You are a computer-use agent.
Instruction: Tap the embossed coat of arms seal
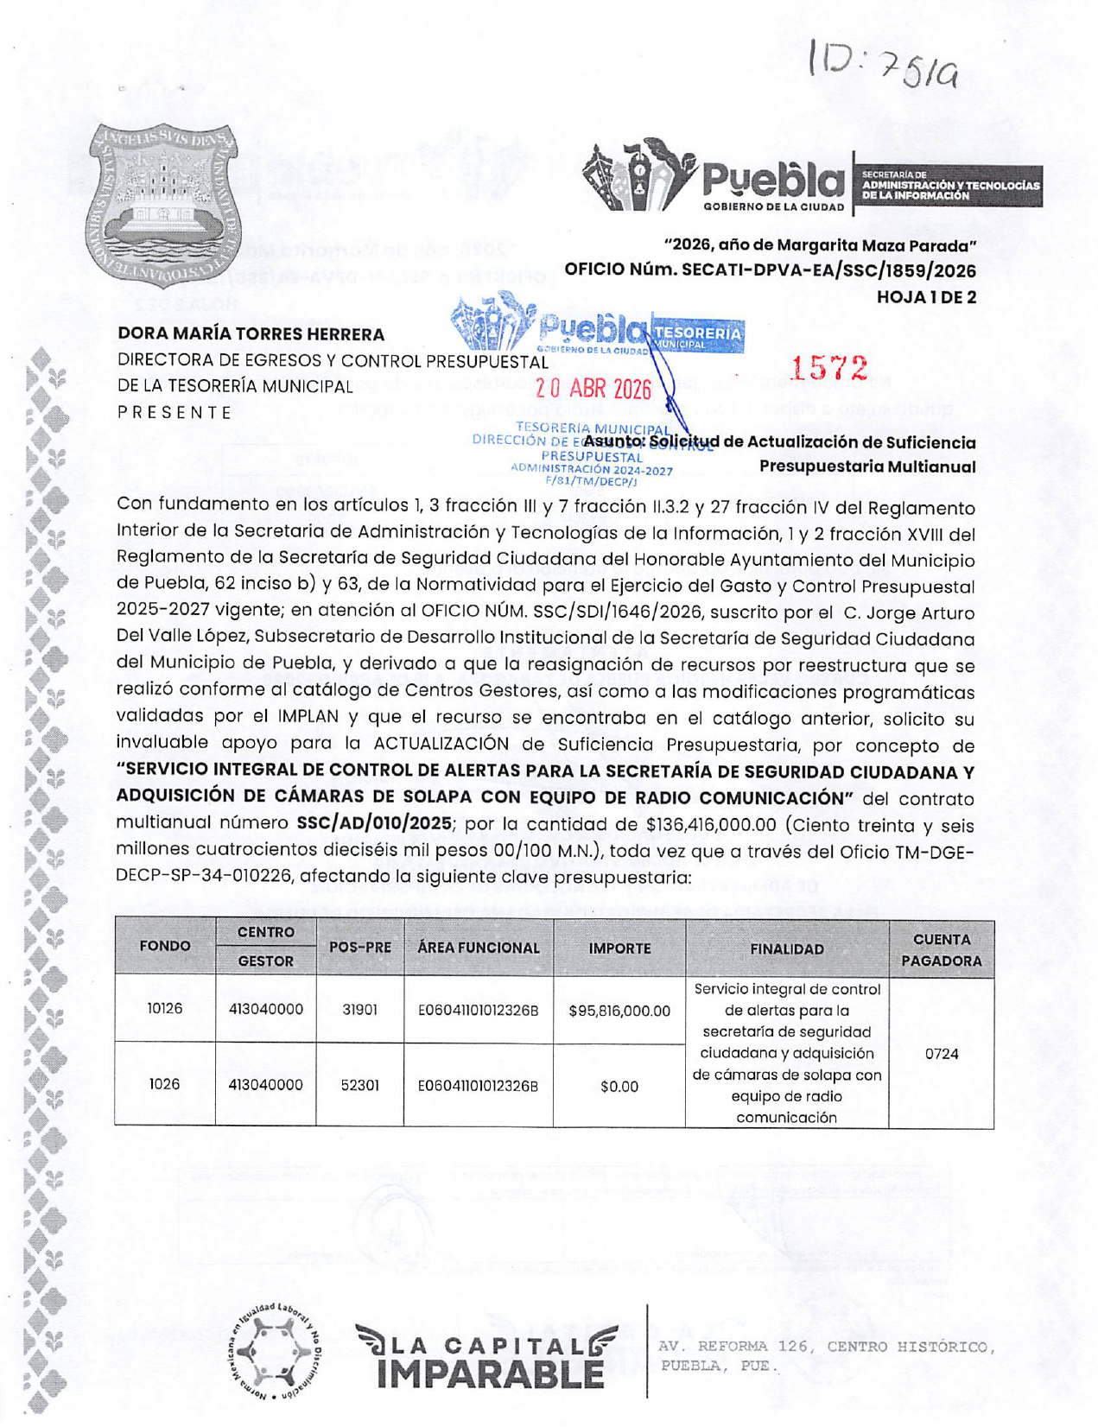[164, 206]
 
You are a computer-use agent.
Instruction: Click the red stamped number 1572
[828, 368]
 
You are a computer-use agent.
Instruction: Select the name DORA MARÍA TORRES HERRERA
[251, 333]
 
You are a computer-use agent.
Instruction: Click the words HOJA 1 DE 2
[926, 296]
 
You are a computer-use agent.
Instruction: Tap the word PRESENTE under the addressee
[175, 412]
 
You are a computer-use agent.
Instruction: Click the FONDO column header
[165, 946]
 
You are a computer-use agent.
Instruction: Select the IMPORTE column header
[619, 948]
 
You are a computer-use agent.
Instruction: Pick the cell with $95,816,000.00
[619, 1010]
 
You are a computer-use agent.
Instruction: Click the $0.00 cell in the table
[619, 1086]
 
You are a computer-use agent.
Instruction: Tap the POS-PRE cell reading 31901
[359, 1009]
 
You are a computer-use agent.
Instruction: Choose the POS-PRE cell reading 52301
[359, 1085]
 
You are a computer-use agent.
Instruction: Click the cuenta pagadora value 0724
[941, 1053]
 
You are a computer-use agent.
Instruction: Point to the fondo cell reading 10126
[165, 1008]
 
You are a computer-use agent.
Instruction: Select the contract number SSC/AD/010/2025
[373, 823]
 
